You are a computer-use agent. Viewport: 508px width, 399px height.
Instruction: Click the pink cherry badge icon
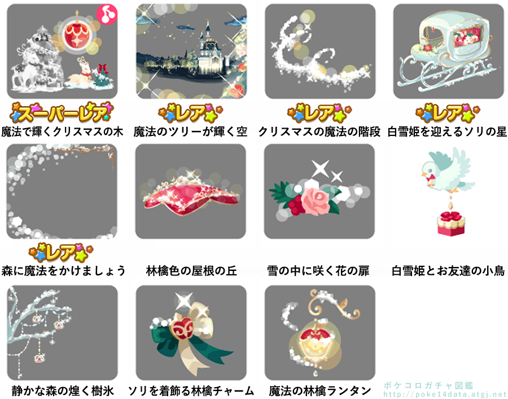tap(107, 14)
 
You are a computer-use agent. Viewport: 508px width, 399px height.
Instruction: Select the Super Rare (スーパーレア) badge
tap(62, 112)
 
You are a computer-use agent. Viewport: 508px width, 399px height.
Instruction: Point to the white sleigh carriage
tap(448, 49)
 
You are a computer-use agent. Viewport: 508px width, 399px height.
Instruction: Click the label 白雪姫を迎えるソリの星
tap(447, 132)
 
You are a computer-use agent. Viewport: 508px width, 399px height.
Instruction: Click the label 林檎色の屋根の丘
tap(191, 271)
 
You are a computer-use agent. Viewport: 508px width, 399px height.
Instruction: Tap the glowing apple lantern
tap(314, 344)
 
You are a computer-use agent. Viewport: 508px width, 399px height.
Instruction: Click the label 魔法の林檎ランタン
tap(320, 391)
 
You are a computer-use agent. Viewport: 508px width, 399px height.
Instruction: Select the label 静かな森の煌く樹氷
tap(63, 391)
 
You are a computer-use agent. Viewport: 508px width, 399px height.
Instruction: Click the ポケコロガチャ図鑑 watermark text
tap(428, 385)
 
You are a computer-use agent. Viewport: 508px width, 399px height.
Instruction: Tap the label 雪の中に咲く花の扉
tap(318, 271)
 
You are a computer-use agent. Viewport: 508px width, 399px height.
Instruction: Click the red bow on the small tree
tap(103, 69)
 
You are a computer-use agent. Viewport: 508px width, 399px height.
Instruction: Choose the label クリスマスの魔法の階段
tap(319, 132)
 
